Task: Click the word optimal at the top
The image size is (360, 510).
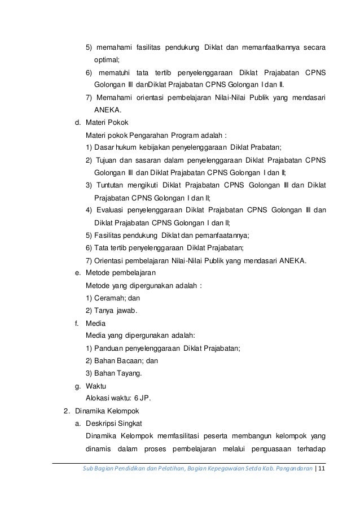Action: [x=106, y=59]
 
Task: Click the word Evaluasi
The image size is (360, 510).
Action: [x=111, y=210]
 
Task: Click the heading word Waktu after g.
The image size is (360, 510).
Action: [x=95, y=386]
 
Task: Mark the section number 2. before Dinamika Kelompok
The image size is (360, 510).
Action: [x=66, y=411]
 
